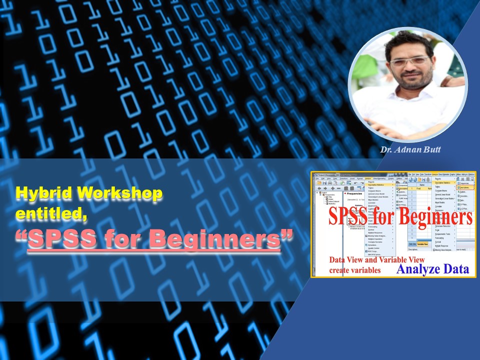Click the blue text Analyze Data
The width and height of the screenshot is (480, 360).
coord(433,269)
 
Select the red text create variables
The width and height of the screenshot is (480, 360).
coord(354,270)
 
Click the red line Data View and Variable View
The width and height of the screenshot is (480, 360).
coord(376,260)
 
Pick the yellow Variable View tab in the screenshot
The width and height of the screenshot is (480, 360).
coord(422,244)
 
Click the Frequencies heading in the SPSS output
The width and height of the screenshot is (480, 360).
coord(355,192)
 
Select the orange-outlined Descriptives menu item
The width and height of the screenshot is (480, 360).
coord(464,187)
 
